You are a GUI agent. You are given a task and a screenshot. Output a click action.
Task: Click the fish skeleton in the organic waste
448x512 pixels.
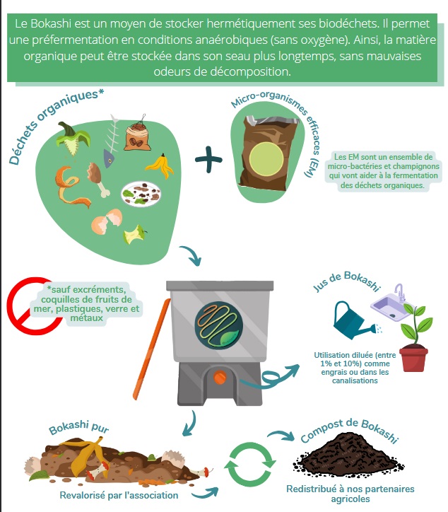(x=111, y=141)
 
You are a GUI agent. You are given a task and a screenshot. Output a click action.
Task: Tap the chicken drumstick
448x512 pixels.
(x=98, y=180)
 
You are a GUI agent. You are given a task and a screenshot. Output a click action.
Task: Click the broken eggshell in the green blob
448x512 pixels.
(x=107, y=222)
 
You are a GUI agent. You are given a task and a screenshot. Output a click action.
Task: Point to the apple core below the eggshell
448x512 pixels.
(x=134, y=235)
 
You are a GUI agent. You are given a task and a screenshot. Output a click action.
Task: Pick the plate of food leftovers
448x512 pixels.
(x=141, y=194)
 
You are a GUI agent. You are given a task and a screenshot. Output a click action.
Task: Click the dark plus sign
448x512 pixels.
(x=208, y=160)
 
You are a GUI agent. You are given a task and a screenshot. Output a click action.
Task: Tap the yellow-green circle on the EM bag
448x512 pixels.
(x=266, y=158)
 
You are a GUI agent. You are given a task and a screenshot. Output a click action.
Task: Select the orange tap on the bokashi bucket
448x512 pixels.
(x=220, y=378)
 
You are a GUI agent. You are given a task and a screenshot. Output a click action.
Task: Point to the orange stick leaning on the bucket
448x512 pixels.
(x=152, y=349)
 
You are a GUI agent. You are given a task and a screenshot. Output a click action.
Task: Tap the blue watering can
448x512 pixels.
(x=353, y=322)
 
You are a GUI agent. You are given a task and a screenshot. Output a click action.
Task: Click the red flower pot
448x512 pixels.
(x=413, y=359)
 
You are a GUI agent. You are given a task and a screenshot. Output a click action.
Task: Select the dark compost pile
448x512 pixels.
(x=348, y=454)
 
